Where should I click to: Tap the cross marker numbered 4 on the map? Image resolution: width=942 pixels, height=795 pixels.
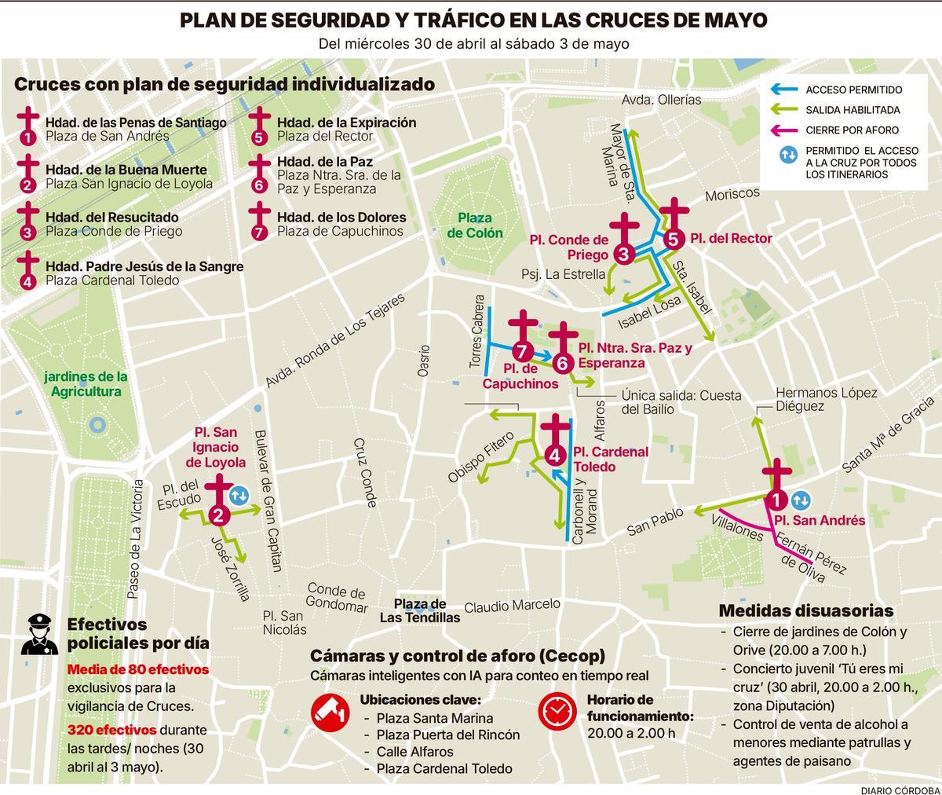pos(556,441)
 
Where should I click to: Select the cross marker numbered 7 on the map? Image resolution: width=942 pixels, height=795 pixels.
pos(522,337)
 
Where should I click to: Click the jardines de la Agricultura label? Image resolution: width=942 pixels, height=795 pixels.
pos(86,384)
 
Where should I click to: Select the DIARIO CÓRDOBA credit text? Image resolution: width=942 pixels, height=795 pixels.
pos(892,786)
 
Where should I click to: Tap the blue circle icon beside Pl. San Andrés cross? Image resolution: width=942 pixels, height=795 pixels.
pos(801,500)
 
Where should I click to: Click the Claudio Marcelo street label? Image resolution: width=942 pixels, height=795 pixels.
pos(512,606)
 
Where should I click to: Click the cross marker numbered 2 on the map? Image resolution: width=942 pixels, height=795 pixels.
pos(219,500)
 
